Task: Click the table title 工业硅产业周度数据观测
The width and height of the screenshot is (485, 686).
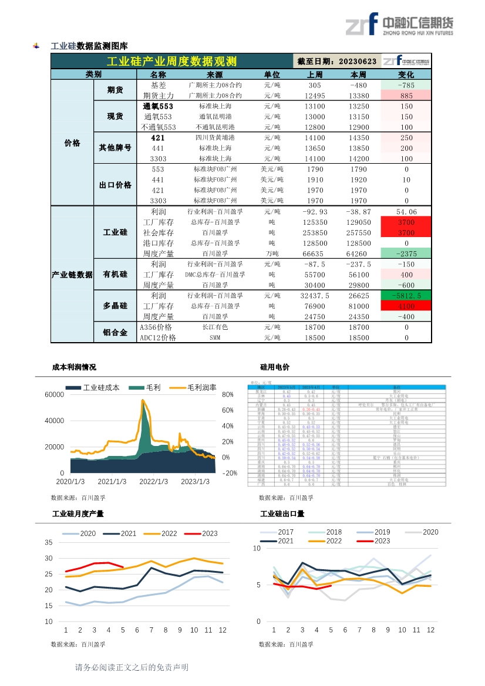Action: tap(171, 62)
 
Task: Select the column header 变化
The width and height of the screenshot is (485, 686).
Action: tap(406, 75)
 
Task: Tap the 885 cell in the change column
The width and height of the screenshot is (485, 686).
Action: tap(406, 96)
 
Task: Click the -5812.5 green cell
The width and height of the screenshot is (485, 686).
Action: tap(406, 296)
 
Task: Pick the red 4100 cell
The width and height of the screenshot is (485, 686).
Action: tap(406, 306)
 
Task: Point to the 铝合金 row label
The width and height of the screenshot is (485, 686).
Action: tap(115, 332)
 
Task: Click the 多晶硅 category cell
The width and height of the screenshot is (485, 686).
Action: tap(115, 306)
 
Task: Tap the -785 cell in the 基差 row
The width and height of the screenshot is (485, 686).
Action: tap(406, 85)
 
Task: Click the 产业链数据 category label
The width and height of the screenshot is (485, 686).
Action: tap(72, 275)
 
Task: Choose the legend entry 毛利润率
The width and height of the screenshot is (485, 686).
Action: tap(201, 387)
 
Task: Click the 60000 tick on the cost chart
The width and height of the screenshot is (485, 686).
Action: tap(54, 395)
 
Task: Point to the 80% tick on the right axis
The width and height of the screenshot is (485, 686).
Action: tap(228, 395)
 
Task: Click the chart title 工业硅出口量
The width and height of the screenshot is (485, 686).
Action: tap(282, 514)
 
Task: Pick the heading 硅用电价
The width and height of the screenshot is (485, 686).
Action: tap(274, 367)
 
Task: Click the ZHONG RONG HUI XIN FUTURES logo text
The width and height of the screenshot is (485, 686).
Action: tap(417, 33)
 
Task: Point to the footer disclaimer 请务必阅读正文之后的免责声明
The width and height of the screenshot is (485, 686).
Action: tap(132, 667)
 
